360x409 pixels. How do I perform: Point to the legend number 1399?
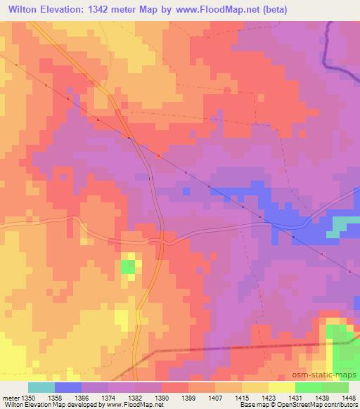click(188, 398)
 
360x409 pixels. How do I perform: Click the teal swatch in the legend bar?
click(41, 387)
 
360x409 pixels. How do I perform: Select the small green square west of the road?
click(128, 266)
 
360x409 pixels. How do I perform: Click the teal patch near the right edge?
click(343, 224)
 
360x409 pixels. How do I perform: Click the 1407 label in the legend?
click(214, 398)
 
